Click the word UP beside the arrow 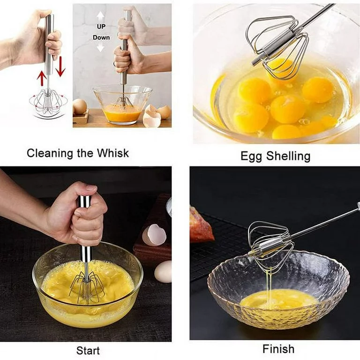pos(101,27)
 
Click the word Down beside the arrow pos(101,37)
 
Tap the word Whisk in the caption pos(112,153)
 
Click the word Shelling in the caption pos(288,157)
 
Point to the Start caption pos(88,351)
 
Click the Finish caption pos(278,349)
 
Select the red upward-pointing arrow pos(42,79)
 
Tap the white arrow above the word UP pos(101,16)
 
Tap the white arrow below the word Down pos(101,47)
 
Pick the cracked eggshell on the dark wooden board pos(154,235)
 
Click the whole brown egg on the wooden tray pos(80,107)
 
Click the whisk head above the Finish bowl pos(270,247)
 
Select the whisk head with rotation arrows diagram pos(48,102)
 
